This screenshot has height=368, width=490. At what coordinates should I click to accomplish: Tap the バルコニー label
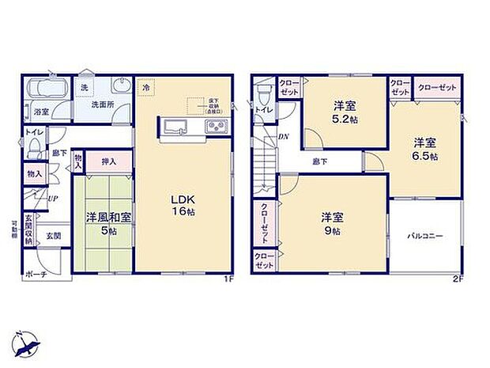click(425, 235)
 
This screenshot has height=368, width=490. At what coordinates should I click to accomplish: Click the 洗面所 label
click(100, 104)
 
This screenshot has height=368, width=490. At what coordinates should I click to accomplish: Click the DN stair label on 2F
click(283, 136)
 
